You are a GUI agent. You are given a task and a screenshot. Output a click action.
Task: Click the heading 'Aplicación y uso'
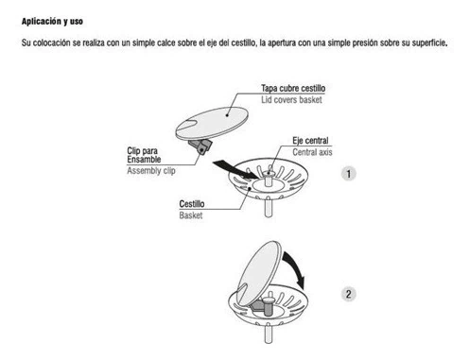[52, 22]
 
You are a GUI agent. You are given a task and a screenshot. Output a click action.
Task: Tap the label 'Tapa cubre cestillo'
[293, 89]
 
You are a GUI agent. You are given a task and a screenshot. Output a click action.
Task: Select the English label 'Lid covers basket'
[291, 100]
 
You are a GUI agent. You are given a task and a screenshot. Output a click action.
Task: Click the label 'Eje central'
[310, 141]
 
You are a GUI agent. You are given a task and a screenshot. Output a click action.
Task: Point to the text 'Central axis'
[312, 152]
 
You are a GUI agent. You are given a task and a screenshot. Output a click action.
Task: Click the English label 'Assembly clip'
[151, 171]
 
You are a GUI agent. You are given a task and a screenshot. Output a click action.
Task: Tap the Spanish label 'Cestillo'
[192, 204]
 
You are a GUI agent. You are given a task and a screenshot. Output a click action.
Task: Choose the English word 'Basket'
[191, 215]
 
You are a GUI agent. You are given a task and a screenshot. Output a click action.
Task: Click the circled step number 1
[349, 174]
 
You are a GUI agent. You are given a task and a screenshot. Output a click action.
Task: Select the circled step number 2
[349, 294]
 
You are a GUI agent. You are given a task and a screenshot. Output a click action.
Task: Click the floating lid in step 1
[212, 123]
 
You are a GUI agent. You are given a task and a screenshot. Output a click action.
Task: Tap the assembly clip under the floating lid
[200, 147]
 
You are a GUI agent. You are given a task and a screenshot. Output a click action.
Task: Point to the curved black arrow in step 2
[296, 267]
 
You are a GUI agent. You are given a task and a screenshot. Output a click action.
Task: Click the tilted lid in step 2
[259, 273]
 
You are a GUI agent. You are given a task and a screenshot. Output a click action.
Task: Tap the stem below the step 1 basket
[268, 207]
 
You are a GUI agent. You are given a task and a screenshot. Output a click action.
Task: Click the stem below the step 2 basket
[268, 334]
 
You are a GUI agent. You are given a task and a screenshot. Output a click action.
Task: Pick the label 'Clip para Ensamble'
[144, 155]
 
